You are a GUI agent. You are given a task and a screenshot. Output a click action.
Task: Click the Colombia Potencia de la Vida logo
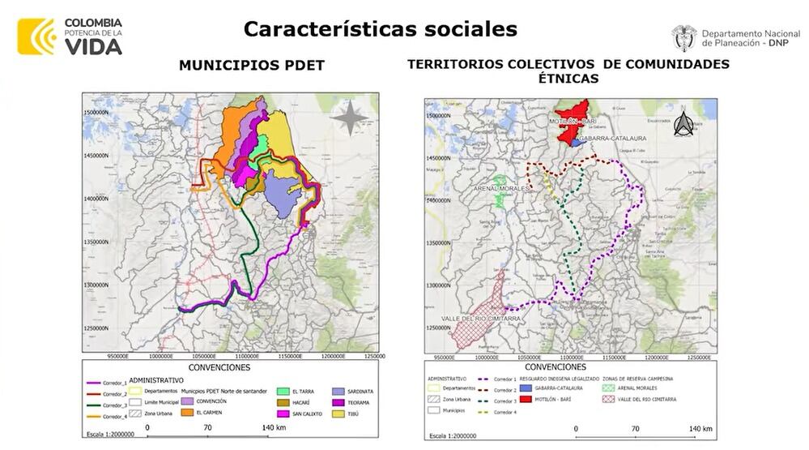[x=70, y=36]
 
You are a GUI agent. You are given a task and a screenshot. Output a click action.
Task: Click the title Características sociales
[x=380, y=29]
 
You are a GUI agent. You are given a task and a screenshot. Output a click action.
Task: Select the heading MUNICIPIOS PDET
[x=252, y=66]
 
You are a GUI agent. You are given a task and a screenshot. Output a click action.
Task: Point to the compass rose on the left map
[x=349, y=118]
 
